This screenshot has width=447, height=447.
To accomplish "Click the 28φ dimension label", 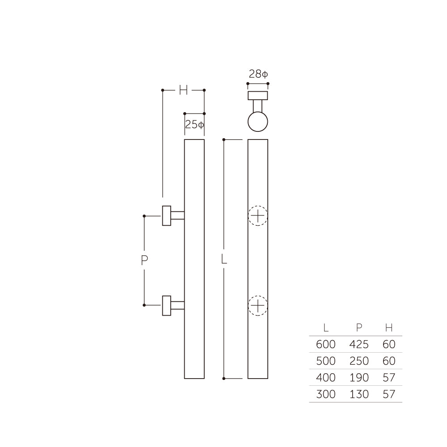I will pyautogui.click(x=258, y=74).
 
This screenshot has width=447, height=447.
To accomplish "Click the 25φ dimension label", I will pyautogui.click(x=194, y=125).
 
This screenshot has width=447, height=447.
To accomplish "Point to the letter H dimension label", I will pyautogui.click(x=183, y=90).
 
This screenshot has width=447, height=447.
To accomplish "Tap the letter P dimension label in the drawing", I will pyautogui.click(x=144, y=261).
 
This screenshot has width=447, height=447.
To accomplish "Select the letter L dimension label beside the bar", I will pyautogui.click(x=224, y=259).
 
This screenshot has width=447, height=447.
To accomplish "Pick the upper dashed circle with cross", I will pyautogui.click(x=258, y=216).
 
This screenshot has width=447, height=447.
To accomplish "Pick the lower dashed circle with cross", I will pyautogui.click(x=258, y=306).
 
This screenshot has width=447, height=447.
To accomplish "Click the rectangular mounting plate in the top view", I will pyautogui.click(x=258, y=96).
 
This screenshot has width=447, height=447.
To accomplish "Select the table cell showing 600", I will pyautogui.click(x=325, y=345).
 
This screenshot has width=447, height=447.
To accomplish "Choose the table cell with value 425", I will pyautogui.click(x=359, y=345).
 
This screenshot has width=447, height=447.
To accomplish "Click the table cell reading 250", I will pyautogui.click(x=359, y=361).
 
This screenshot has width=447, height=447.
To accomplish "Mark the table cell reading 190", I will pyautogui.click(x=359, y=378).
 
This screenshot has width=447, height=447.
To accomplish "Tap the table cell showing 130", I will pyautogui.click(x=359, y=394).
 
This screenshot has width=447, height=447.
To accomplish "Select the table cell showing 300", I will pyautogui.click(x=325, y=394).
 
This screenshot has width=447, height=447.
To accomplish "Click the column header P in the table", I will pyautogui.click(x=359, y=328).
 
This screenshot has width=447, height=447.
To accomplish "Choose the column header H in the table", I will pyautogui.click(x=389, y=328).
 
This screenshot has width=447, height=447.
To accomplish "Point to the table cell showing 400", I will pyautogui.click(x=325, y=378).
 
